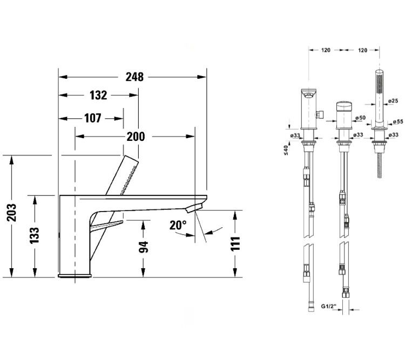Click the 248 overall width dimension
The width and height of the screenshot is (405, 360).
coord(134,77)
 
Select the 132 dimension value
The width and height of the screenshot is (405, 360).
coord(98,96)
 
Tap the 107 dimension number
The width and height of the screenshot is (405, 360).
coord(93,118)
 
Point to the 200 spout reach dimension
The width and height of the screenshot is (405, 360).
coord(136,137)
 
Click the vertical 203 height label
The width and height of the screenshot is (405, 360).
coord(12,213)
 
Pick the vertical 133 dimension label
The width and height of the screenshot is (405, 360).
coord(35,235)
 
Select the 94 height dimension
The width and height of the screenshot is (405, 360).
coord(143,247)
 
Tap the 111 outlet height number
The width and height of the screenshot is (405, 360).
coord(235,244)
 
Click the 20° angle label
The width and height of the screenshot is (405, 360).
coord(178,226)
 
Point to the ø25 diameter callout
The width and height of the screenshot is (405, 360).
coord(393,101)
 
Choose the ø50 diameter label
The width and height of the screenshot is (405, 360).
coord(360,118)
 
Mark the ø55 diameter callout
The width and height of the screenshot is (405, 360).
coord(398,121)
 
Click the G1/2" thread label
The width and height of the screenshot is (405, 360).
coord(329,306)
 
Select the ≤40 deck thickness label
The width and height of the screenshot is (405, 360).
coord(286,150)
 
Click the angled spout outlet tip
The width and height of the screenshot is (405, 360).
coord(194,207)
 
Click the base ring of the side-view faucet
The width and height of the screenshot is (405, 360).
coord(75,276)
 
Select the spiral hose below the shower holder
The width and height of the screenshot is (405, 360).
coord(379,166)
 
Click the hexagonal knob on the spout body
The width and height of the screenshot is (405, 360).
coord(320,114)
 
